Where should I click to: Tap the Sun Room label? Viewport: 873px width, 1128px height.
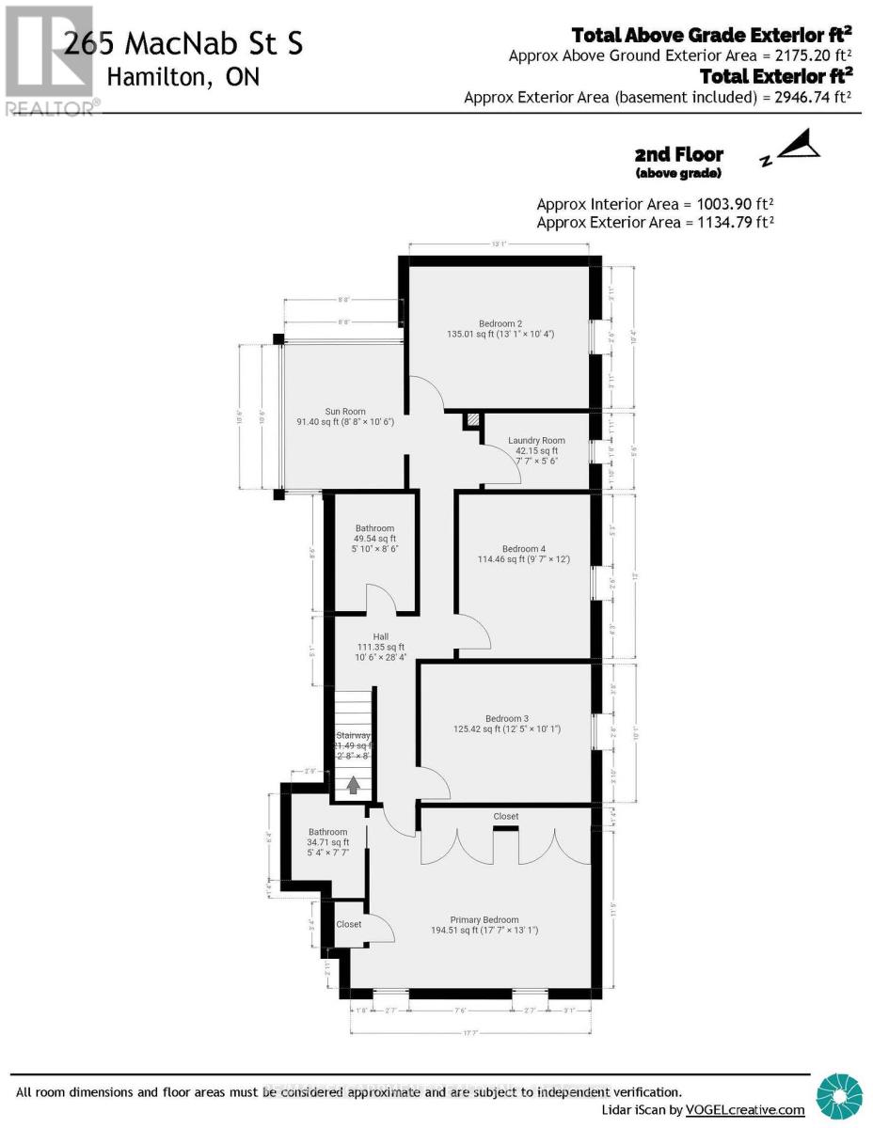[x=344, y=412]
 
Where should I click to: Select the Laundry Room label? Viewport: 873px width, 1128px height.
[x=536, y=441]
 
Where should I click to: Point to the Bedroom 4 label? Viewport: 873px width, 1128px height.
[x=522, y=549]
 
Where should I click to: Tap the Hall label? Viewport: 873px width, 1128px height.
[x=380, y=635]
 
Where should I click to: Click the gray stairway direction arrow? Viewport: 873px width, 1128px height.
[x=353, y=784]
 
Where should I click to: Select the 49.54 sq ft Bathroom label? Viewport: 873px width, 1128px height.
[x=374, y=528]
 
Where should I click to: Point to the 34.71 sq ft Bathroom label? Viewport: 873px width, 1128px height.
[x=328, y=832]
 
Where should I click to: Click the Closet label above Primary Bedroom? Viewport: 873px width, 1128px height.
[x=505, y=817]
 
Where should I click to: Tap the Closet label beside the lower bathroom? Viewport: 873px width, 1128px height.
[x=348, y=925]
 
